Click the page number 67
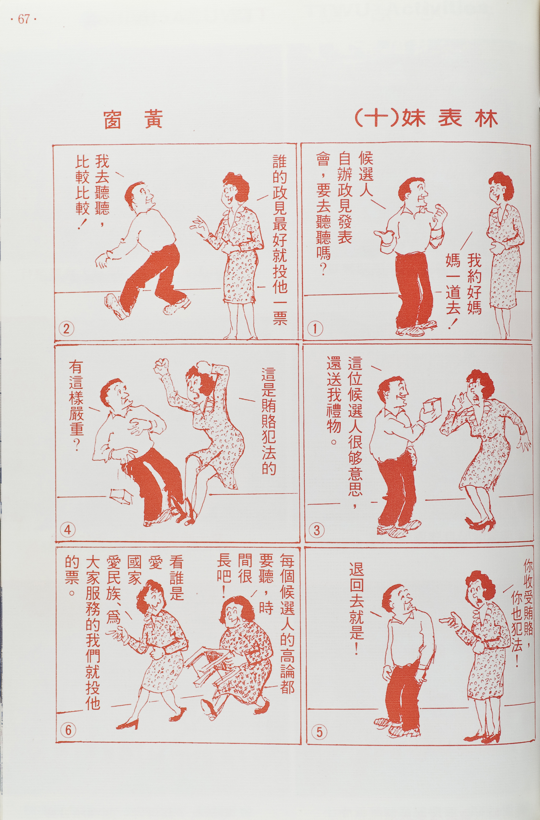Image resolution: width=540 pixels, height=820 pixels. click(23, 20)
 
